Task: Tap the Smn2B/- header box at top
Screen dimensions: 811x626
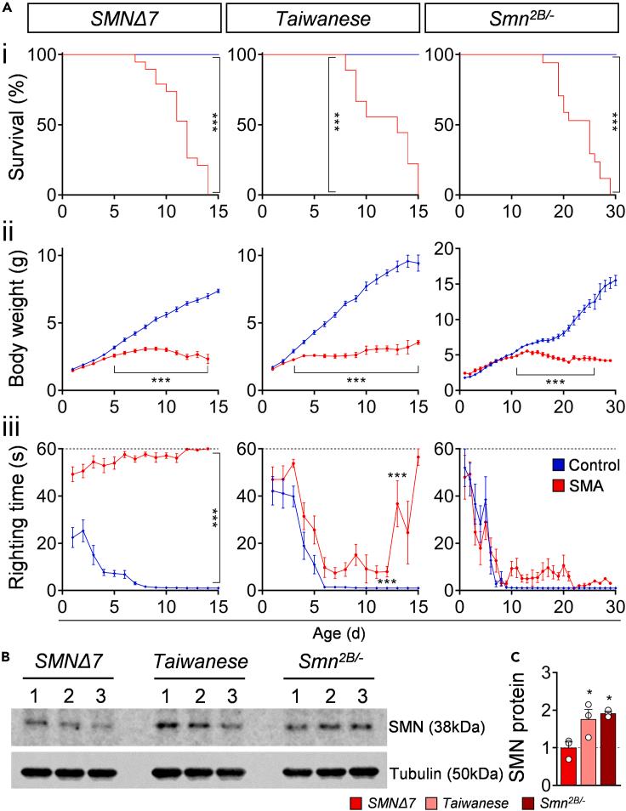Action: click(x=521, y=17)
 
